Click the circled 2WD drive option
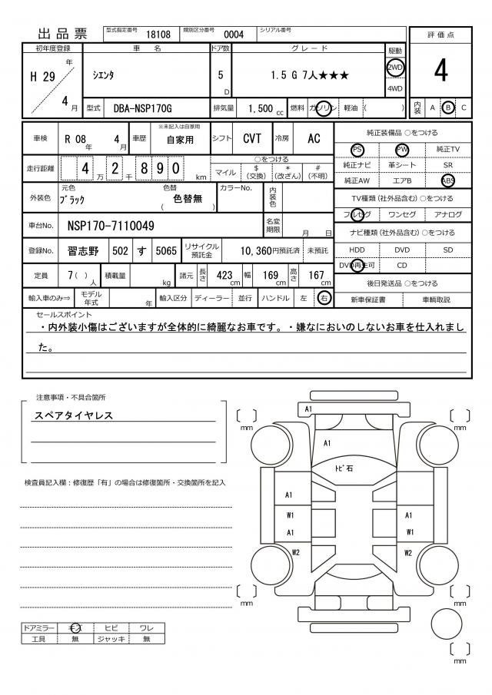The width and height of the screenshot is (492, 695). coord(394,66)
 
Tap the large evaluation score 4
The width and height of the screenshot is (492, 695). coord(440,71)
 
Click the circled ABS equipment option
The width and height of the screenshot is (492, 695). coord(448,180)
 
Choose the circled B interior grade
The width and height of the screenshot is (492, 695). coord(449,108)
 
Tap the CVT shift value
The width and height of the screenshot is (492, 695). coord(251,139)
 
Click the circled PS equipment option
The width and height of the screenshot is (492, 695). coord(357,149)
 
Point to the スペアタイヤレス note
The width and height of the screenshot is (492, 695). coord(74,415)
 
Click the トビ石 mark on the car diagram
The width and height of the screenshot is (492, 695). coord(342,468)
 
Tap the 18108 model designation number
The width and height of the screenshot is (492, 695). coord(158,34)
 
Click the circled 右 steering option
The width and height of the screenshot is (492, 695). coord(324,298)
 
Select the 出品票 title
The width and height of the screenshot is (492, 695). coord(63,34)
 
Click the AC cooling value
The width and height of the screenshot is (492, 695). coord(314,139)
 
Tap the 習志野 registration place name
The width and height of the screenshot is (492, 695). coord(83,250)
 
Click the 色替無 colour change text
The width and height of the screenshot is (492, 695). coord(188,198)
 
